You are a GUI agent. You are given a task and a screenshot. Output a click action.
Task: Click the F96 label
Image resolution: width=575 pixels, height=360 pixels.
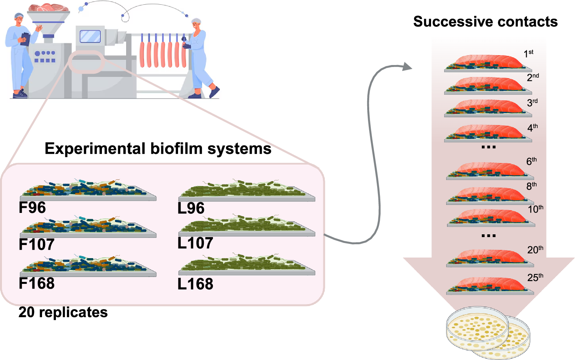pos(32,208)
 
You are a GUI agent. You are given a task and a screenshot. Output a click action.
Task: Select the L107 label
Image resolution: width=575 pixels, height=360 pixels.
pos(195,243)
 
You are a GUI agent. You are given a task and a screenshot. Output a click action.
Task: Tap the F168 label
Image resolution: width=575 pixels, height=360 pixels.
pos(36,283)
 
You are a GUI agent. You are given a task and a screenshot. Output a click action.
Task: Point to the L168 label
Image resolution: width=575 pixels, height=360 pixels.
pos(195,284)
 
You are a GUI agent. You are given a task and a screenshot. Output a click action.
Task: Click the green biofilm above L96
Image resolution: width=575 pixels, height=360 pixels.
pos(246,190)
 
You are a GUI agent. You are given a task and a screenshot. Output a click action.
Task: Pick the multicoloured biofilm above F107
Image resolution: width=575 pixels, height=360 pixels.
pos(87,226)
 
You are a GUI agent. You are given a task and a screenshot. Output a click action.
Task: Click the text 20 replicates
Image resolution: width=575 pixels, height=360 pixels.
pos(63,312)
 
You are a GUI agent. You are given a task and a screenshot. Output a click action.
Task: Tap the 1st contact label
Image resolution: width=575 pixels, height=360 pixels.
pos(528,54)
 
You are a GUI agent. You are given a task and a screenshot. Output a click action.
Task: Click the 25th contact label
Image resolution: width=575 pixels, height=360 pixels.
pos(535,277)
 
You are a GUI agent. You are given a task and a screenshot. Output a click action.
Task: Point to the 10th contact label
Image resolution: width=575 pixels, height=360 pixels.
pos(535,209)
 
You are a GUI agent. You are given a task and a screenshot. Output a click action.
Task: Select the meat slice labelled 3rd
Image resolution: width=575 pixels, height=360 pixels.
pos(490,107)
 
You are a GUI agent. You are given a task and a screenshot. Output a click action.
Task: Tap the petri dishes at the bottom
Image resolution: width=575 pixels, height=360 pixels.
pos(488,333)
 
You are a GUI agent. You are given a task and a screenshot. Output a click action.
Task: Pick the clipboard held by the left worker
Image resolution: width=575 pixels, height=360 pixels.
pos(25,39)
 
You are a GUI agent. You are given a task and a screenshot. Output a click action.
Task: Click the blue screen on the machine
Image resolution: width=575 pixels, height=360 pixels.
pos(90,36)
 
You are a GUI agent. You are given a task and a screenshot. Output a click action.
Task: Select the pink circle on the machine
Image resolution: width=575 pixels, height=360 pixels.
pos(86,61)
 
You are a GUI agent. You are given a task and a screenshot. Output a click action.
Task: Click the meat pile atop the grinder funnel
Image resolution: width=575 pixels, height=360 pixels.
pos(48,7)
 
